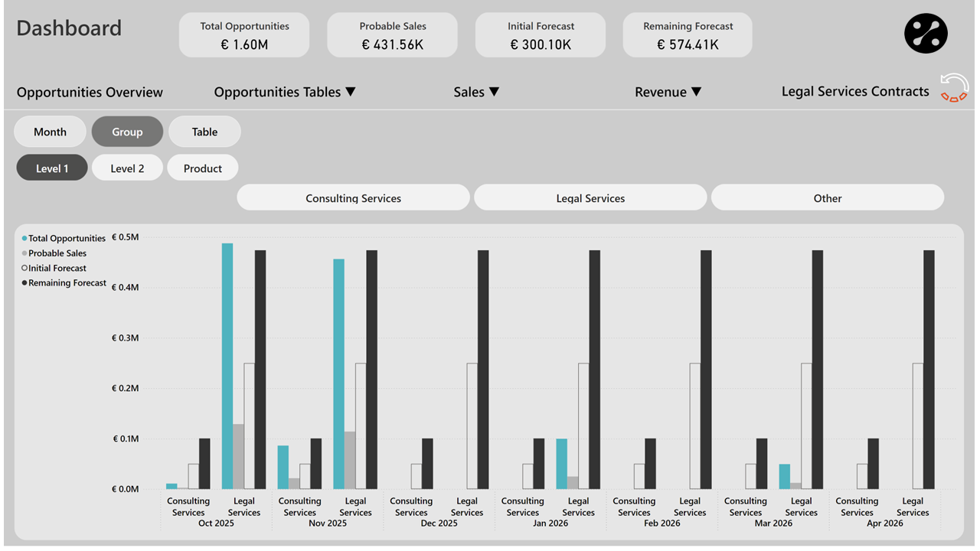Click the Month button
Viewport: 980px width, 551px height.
tap(50, 132)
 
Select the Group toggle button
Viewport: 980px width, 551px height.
tap(127, 132)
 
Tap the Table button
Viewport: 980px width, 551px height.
tap(204, 132)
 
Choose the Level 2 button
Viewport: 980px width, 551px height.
tap(127, 168)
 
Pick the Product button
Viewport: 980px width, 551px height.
tap(203, 168)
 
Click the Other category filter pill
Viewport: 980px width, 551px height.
tap(827, 198)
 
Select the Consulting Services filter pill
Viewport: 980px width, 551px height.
tap(353, 198)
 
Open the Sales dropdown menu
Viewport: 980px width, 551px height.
tap(476, 92)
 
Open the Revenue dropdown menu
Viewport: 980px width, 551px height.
tap(668, 92)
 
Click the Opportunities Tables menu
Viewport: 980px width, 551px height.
tap(285, 92)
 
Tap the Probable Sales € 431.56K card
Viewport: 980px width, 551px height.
tap(392, 35)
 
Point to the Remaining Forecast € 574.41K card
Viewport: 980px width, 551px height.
tap(688, 35)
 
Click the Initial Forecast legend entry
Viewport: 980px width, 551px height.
tap(57, 269)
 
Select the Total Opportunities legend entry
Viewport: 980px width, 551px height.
tap(66, 239)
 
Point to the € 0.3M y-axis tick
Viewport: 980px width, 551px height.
tap(125, 338)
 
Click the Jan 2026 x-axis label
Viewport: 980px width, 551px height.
tap(550, 523)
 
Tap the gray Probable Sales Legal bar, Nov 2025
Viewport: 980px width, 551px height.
tap(350, 460)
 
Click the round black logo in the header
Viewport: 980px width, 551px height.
tap(926, 34)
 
